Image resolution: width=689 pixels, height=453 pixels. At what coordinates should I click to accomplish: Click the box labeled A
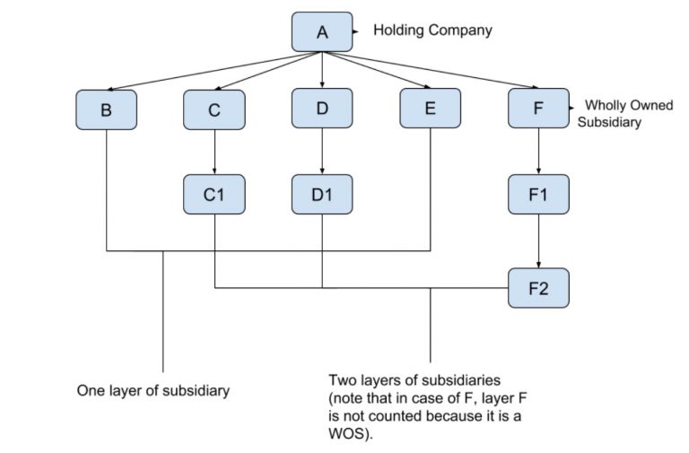pyautogui.click(x=322, y=32)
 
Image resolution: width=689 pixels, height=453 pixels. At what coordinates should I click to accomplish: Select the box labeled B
pyautogui.click(x=107, y=109)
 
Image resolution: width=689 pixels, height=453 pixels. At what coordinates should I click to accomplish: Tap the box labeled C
pyautogui.click(x=214, y=109)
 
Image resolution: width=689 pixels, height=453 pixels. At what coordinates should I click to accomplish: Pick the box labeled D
pyautogui.click(x=322, y=109)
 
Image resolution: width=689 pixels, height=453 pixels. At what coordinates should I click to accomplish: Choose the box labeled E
pyautogui.click(x=430, y=109)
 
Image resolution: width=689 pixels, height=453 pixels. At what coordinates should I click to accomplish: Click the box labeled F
pyautogui.click(x=538, y=109)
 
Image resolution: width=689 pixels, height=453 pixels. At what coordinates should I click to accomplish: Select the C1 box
pyautogui.click(x=214, y=194)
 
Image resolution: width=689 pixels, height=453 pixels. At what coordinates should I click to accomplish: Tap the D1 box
pyautogui.click(x=322, y=194)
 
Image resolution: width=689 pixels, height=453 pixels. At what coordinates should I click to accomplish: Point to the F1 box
pyautogui.click(x=538, y=194)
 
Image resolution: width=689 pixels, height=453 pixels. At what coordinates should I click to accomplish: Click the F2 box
pyautogui.click(x=538, y=288)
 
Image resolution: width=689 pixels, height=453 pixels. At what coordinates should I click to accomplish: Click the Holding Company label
pyautogui.click(x=432, y=30)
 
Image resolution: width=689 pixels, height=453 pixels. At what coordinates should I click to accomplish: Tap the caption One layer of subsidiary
pyautogui.click(x=154, y=391)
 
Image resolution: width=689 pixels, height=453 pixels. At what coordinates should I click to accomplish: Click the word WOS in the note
pyautogui.click(x=349, y=434)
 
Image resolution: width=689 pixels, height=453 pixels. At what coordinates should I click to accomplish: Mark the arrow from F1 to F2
pyautogui.click(x=538, y=241)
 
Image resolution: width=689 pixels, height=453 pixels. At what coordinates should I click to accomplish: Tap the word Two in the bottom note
pyautogui.click(x=342, y=380)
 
